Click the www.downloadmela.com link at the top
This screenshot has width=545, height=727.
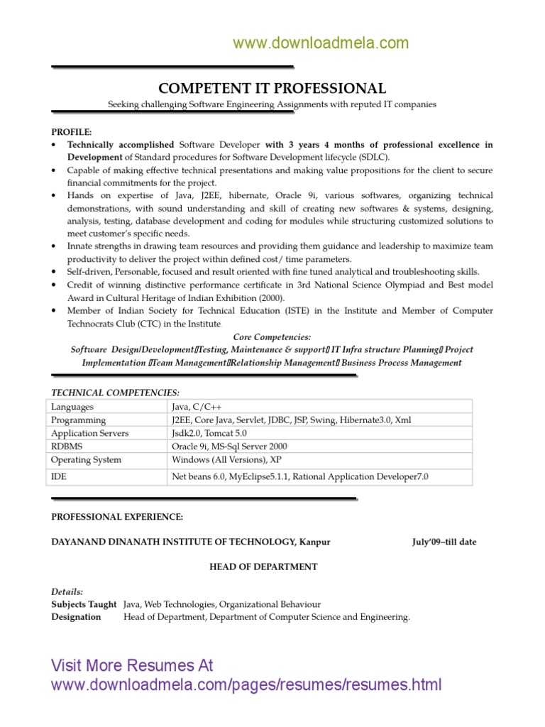click(x=321, y=43)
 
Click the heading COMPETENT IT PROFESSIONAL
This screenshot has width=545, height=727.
click(x=272, y=88)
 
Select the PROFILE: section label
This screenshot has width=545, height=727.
click(x=72, y=132)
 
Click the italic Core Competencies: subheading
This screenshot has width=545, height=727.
click(x=272, y=337)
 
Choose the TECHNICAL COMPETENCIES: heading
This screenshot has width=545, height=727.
click(x=116, y=393)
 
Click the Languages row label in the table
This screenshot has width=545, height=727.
click(x=72, y=407)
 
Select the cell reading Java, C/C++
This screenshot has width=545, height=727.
click(x=197, y=407)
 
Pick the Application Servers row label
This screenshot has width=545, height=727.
click(x=90, y=433)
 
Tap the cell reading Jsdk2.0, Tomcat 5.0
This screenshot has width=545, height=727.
click(x=209, y=433)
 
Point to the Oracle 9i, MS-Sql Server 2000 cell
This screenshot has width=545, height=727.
click(x=229, y=447)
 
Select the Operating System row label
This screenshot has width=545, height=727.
click(x=87, y=460)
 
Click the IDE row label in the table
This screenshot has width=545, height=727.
click(x=60, y=477)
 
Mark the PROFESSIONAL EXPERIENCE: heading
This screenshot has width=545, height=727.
click(x=117, y=516)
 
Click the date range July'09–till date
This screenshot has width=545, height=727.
click(x=444, y=542)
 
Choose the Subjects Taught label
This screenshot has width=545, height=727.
click(x=84, y=604)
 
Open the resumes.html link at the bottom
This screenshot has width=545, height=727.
click(x=246, y=685)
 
